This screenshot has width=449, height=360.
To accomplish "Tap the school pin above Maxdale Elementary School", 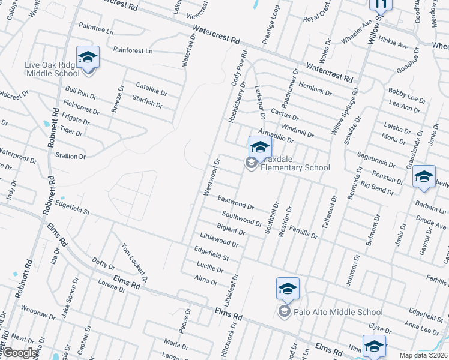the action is tap(260, 147).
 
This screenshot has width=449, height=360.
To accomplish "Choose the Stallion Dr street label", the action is tap(70, 156).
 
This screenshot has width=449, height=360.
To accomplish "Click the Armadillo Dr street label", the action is tap(275, 135).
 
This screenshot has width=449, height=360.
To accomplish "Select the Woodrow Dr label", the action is tap(38, 313).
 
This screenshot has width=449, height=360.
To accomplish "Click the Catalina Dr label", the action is tap(151, 91).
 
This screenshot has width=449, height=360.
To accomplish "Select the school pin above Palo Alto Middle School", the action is tap(288, 289).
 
